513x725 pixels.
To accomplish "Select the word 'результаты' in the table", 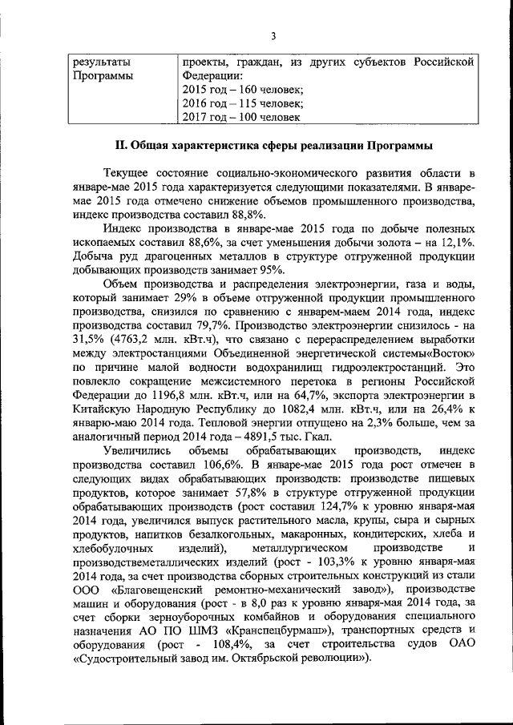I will [x=100, y=62].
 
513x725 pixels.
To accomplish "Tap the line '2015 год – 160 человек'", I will [x=244, y=90].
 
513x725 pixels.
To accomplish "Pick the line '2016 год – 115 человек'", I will [x=244, y=103].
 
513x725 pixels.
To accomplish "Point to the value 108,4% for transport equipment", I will [x=226, y=644].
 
